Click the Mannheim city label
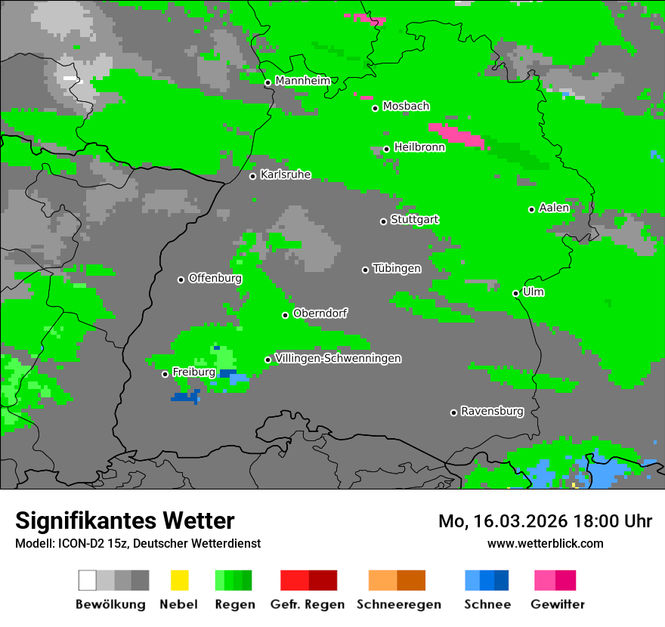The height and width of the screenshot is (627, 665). (x=303, y=81)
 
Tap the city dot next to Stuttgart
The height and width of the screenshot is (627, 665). (x=383, y=221)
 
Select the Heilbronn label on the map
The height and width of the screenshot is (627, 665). (x=419, y=147)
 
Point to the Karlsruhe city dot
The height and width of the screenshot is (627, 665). (x=253, y=176)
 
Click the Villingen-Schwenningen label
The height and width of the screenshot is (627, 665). (x=338, y=358)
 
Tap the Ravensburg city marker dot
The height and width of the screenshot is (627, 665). (x=453, y=412)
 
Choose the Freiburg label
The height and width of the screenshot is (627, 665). (x=193, y=372)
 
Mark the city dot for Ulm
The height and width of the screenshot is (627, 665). (x=515, y=293)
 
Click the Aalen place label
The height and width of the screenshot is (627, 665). (x=554, y=208)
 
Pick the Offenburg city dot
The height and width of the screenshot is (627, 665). (x=181, y=280)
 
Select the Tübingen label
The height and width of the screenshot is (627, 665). (x=397, y=268)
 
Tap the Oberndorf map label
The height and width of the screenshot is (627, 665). (x=320, y=313)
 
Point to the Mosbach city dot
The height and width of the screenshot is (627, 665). (x=375, y=108)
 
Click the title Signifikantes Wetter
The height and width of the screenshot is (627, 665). (x=125, y=520)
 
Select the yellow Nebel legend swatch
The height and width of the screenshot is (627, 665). (x=179, y=580)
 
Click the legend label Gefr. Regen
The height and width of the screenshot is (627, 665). (x=308, y=604)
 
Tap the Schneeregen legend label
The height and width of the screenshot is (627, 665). (x=398, y=604)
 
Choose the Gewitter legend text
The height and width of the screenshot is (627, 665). (x=558, y=604)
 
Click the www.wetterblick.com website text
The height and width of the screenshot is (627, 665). (x=545, y=543)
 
